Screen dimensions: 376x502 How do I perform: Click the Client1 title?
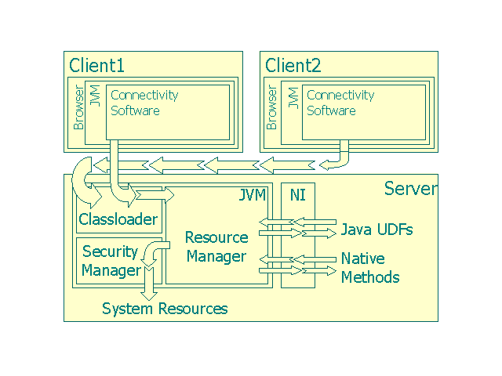pyautogui.click(x=97, y=65)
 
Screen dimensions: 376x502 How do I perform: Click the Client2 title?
pyautogui.click(x=293, y=65)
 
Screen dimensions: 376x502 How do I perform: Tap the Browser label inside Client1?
pyautogui.click(x=76, y=110)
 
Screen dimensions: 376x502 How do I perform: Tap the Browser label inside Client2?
pyautogui.click(x=272, y=110)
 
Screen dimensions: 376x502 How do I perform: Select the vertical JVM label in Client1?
pyautogui.click(x=96, y=97)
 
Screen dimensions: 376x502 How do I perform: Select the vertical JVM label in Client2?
pyautogui.click(x=292, y=97)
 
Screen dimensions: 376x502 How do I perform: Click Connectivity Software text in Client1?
pyautogui.click(x=145, y=103)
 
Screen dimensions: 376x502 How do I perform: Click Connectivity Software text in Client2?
pyautogui.click(x=340, y=103)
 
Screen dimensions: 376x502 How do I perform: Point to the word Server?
pyautogui.click(x=410, y=188)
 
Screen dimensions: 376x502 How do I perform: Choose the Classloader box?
pyautogui.click(x=118, y=219)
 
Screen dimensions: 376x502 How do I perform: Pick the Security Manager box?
pyautogui.click(x=111, y=261)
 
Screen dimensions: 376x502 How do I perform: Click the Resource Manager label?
pyautogui.click(x=216, y=247)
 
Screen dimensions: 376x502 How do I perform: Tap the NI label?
pyautogui.click(x=298, y=195)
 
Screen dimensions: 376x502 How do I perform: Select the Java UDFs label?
pyautogui.click(x=376, y=230)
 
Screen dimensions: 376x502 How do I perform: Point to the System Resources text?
pyautogui.click(x=165, y=309)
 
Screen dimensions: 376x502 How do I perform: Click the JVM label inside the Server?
pyautogui.click(x=253, y=195)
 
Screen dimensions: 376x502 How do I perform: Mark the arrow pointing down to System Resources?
pyautogui.click(x=150, y=282)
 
